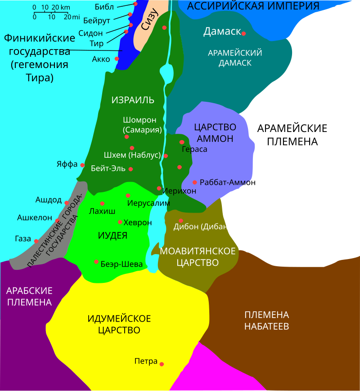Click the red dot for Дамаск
click(243, 33)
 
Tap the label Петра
click(146, 361)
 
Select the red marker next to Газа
click(36, 241)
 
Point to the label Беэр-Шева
click(121, 264)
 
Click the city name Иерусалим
click(148, 203)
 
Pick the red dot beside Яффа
click(82, 165)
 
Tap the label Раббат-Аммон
click(227, 182)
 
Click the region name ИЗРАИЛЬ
click(133, 100)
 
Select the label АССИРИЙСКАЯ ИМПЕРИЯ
click(253, 6)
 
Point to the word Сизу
click(150, 20)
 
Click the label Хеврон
click(138, 223)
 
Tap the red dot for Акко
click(117, 59)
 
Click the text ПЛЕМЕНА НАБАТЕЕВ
click(266, 320)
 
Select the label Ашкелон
click(35, 218)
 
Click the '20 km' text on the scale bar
click(61, 8)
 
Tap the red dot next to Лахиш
click(102, 204)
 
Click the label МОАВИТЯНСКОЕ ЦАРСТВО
click(198, 256)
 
